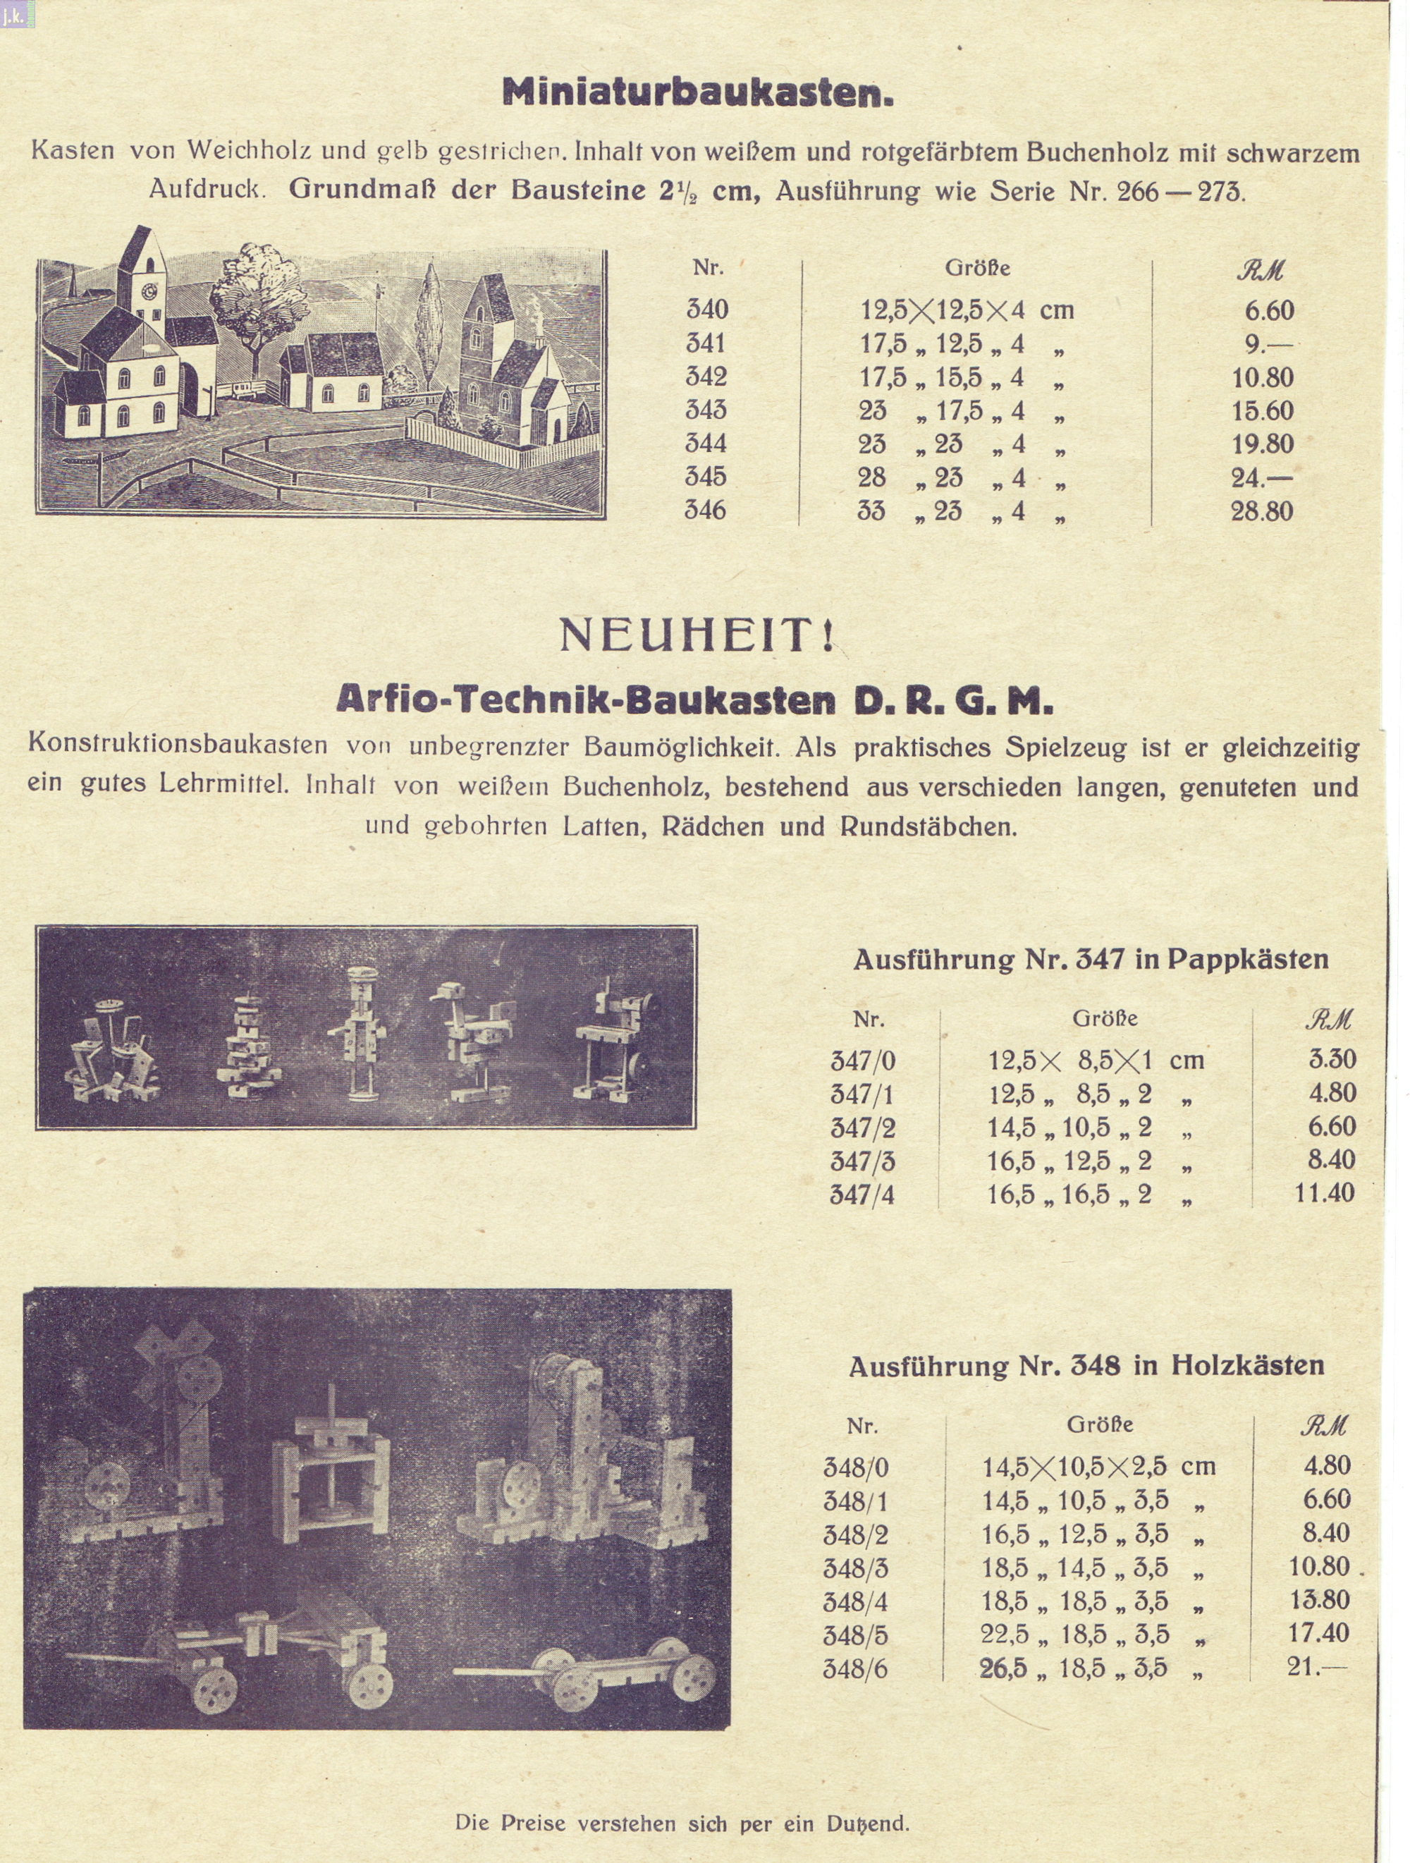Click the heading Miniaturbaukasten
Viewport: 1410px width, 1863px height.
697,92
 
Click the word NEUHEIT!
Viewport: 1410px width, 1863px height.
697,637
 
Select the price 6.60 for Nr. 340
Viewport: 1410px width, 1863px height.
1268,311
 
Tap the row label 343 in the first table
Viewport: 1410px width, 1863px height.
706,410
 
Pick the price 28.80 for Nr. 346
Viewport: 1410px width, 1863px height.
1261,511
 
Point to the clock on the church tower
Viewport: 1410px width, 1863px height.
151,291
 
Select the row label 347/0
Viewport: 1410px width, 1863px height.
862,1061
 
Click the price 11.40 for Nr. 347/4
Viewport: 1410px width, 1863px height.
1324,1192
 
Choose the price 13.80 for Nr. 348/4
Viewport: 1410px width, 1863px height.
1319,1599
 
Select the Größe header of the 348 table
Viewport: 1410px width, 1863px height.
1099,1424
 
